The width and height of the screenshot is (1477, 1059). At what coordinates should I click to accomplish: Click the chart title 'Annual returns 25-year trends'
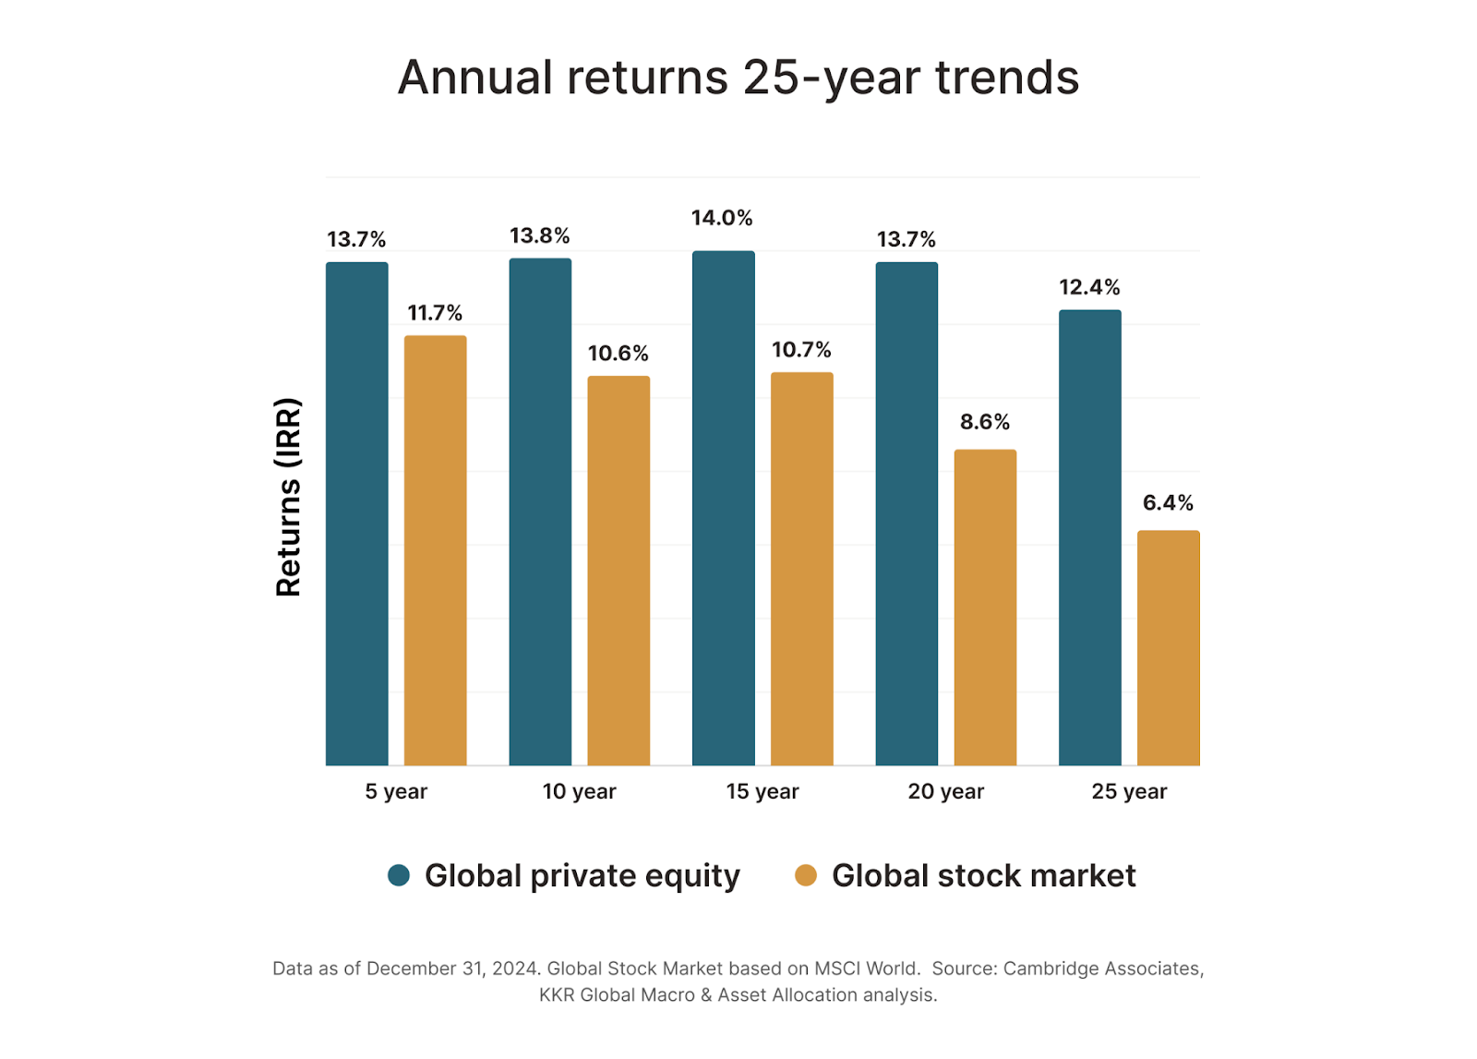738,78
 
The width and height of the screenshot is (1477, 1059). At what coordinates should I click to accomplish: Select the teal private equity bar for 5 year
357,513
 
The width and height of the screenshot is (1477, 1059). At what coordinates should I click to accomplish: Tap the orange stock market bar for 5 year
436,550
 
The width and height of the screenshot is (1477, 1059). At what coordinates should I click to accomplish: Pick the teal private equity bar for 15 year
724,508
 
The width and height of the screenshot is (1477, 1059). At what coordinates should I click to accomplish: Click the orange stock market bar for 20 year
985,608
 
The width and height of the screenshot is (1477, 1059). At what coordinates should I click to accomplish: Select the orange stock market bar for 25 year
1168,648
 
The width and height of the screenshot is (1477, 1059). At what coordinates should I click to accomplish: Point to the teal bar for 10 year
540,511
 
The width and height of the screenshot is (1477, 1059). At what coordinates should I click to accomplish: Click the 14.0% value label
722,219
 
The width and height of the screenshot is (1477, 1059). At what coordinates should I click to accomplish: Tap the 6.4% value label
1168,503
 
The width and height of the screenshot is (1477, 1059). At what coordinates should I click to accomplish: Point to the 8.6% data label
985,423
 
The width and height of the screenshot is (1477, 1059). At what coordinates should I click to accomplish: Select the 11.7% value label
435,314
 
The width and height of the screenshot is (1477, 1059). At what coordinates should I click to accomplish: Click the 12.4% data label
1089,288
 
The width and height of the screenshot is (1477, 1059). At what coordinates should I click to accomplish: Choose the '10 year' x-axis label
579,792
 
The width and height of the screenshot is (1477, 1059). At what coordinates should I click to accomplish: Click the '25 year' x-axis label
1129,792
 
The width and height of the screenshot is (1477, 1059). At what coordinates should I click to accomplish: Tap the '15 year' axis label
763,792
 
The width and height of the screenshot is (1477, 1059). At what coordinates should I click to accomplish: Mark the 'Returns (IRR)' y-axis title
289,497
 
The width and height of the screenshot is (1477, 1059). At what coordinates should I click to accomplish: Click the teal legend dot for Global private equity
399,875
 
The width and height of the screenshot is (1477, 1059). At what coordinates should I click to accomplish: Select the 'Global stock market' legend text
983,875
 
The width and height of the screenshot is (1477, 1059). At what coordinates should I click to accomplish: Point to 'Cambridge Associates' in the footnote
1102,969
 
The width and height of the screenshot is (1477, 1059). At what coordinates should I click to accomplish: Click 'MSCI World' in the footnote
866,969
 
